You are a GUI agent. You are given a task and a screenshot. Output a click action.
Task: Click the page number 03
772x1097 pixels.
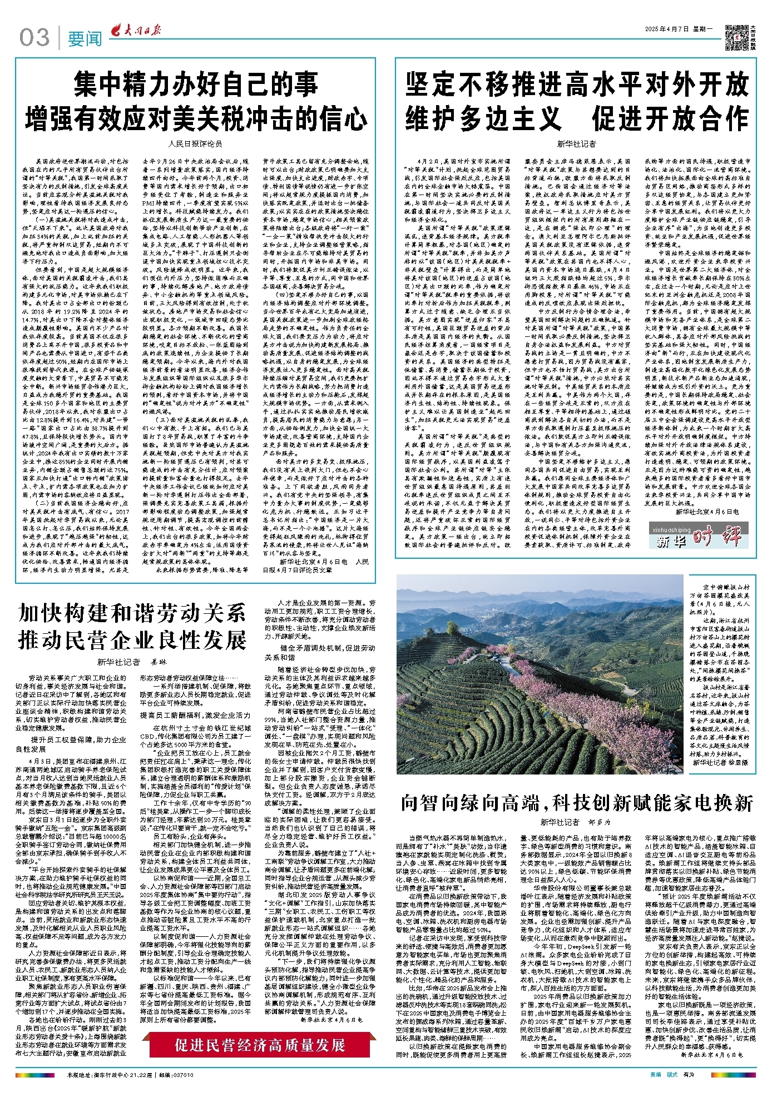point(34,38)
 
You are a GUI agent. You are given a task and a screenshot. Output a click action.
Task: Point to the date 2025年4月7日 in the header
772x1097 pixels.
point(667,29)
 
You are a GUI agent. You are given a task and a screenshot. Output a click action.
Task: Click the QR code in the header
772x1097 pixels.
point(738,37)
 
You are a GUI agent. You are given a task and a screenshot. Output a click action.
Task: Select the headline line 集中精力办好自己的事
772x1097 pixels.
point(196,85)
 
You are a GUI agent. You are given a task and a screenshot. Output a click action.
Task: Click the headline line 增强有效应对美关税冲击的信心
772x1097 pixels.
point(196,118)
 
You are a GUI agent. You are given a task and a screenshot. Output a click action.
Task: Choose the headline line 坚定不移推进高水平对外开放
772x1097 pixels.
point(577,85)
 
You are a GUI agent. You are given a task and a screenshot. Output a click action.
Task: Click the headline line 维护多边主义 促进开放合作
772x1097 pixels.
point(577,118)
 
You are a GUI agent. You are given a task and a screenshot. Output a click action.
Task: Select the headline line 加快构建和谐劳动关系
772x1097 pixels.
point(132,614)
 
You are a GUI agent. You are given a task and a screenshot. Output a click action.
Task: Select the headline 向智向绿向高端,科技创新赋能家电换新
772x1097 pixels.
point(577,803)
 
